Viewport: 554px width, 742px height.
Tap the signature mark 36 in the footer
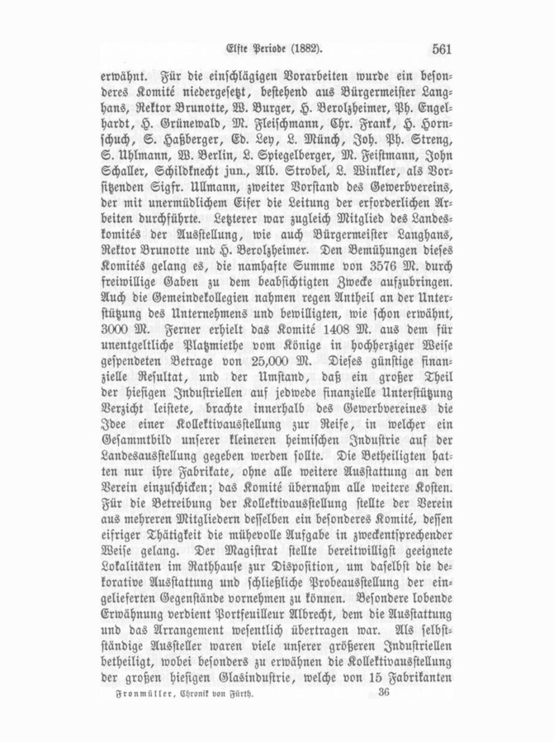pos(383,696)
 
